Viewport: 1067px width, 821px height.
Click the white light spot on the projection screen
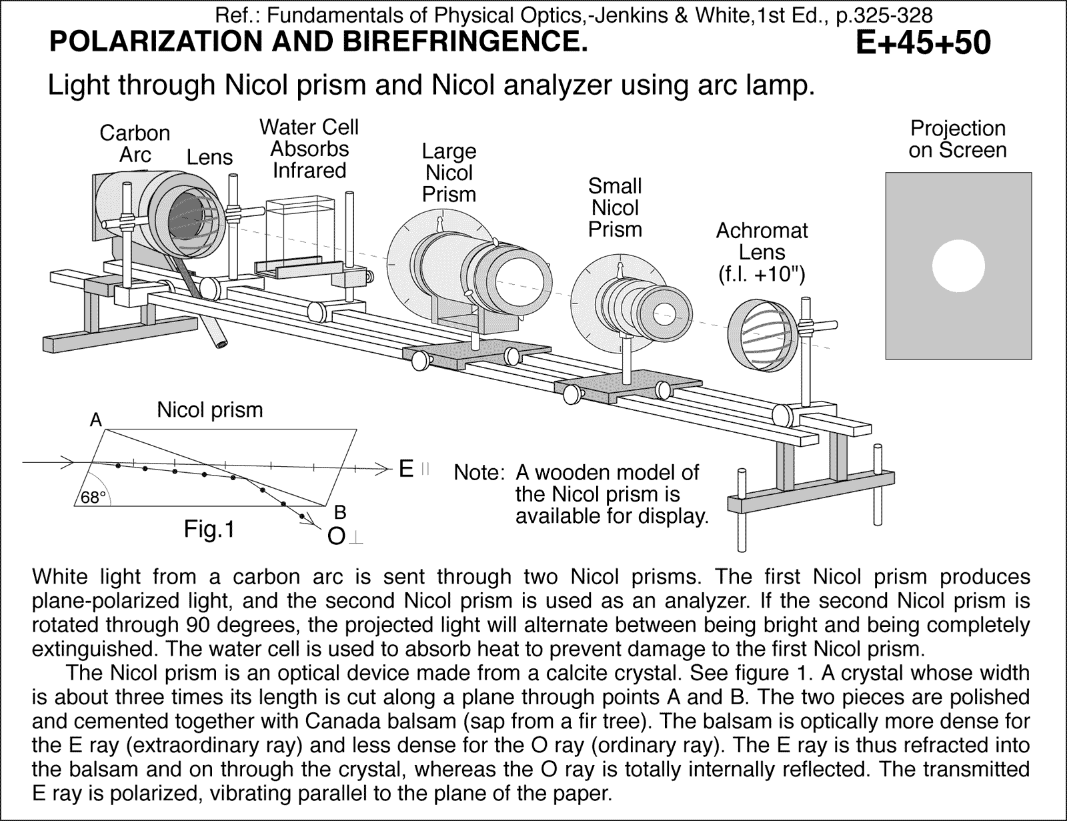point(958,265)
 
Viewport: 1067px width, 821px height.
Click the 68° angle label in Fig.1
point(93,498)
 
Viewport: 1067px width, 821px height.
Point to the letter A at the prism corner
point(96,420)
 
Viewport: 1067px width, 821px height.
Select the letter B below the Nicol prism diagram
point(339,512)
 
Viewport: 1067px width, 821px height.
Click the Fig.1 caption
point(209,530)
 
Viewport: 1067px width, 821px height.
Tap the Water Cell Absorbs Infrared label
point(309,149)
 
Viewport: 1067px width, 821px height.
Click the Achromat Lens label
point(762,252)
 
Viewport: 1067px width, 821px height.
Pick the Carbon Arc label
point(135,144)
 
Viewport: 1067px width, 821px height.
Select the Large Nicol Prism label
point(449,173)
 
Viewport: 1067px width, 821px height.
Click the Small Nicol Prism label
point(614,207)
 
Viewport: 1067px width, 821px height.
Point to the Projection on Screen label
point(957,139)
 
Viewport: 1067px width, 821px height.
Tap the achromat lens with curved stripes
point(760,336)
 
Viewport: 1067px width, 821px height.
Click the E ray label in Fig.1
point(406,470)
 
